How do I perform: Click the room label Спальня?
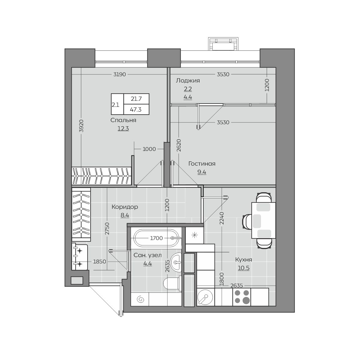pos(123,120)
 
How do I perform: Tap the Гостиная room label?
pos(202,164)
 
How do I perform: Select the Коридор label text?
pos(125,207)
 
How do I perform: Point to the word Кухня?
pos(243,260)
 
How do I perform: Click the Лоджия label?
pos(188,81)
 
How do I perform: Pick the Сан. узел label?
pos(148,255)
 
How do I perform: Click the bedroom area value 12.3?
pos(123,128)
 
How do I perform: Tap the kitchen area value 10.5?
pos(244,268)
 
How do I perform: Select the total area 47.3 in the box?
pos(136,109)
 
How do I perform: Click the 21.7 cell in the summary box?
pos(136,99)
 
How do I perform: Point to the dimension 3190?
pos(120,74)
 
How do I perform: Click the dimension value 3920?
pos(81,126)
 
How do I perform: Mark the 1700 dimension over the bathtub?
pos(156,238)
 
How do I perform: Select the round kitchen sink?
pos(205,297)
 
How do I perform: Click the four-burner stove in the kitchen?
pos(242,297)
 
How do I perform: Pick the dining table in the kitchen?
pos(264,220)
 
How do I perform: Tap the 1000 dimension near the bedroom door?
pos(149,149)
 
